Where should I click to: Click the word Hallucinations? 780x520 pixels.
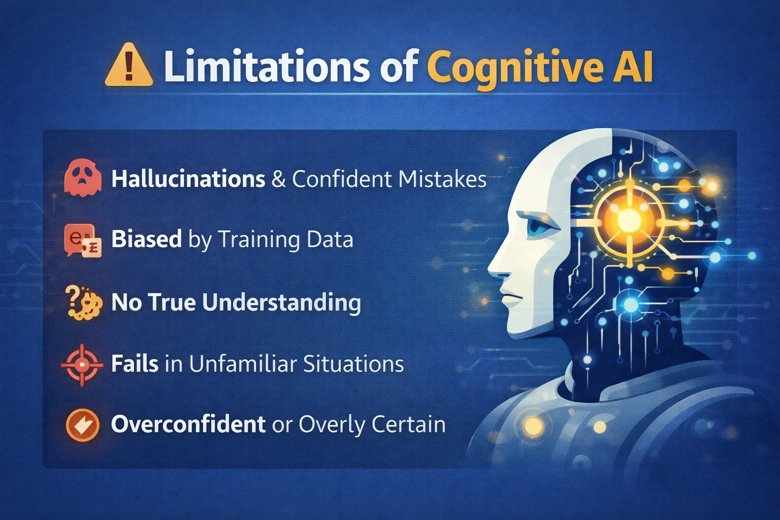point(188,179)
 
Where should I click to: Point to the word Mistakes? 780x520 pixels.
point(442,179)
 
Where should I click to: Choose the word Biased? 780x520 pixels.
point(146,239)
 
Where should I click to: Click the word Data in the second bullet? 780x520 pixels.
point(330,239)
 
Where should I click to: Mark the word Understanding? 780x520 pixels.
point(281,302)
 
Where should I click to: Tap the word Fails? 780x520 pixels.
point(135,364)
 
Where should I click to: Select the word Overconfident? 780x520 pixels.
point(188,425)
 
